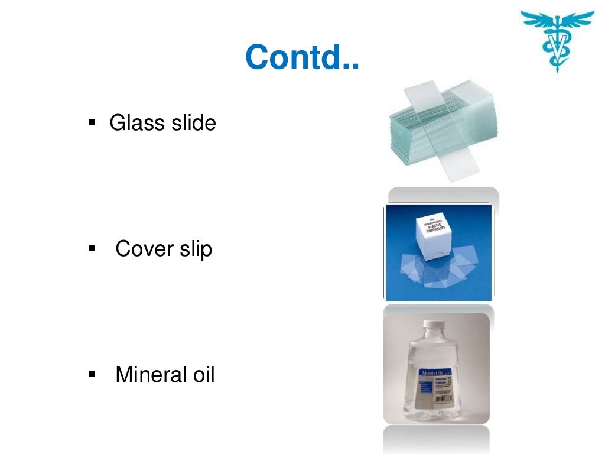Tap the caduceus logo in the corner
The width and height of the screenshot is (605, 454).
point(557,38)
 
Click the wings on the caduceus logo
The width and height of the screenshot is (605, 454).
point(557,18)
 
